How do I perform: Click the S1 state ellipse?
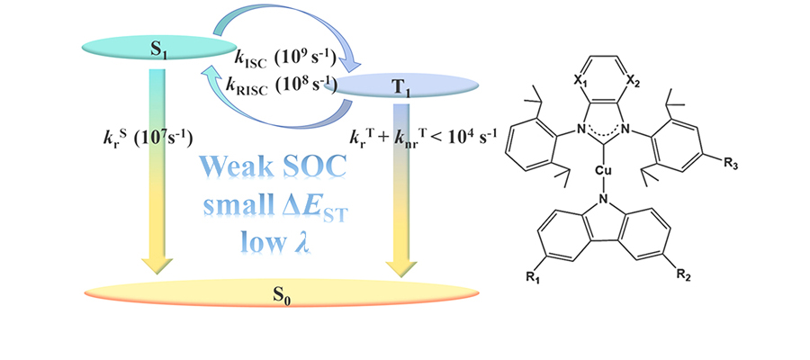[x=159, y=47]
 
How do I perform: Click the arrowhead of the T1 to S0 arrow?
[x=402, y=264]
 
